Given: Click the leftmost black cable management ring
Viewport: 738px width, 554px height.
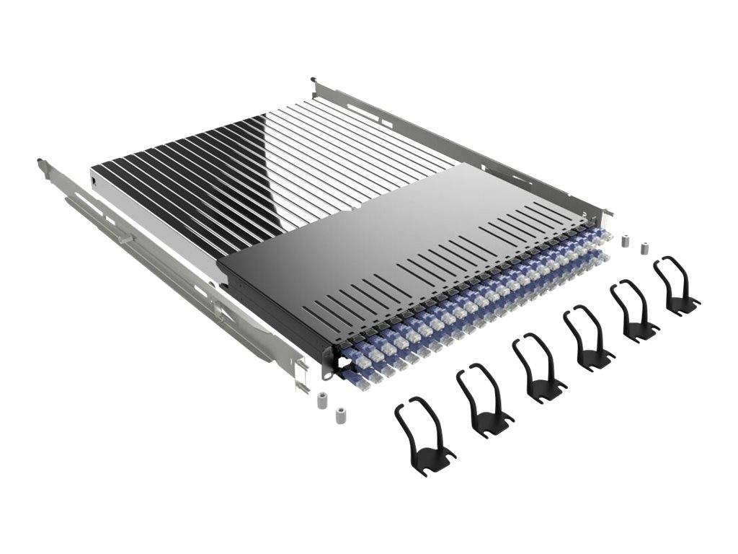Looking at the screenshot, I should [x=423, y=434].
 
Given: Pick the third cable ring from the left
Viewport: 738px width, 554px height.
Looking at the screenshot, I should [x=538, y=367].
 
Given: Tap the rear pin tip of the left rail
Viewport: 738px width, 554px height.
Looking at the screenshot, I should [x=40, y=162].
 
